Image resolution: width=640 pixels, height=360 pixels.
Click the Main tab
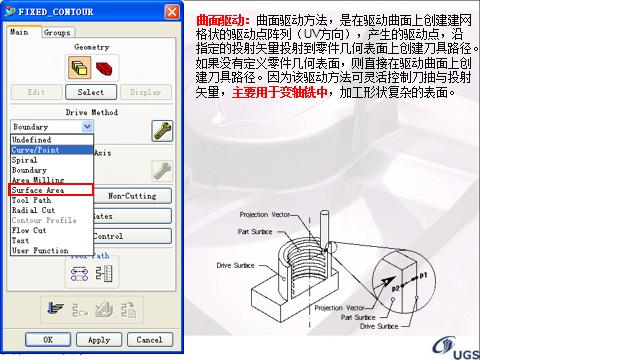click(x=19, y=32)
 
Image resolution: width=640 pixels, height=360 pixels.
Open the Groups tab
click(x=56, y=32)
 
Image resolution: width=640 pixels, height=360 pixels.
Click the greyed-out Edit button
click(x=35, y=92)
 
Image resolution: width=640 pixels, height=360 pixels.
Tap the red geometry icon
click(x=104, y=67)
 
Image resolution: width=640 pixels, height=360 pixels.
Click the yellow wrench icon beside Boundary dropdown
click(x=160, y=129)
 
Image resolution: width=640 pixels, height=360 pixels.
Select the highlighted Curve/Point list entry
click(x=36, y=150)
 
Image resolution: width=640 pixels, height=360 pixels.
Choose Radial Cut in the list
click(x=33, y=210)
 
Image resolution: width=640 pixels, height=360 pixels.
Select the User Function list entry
click(x=40, y=250)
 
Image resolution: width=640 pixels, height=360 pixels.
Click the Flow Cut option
click(x=29, y=230)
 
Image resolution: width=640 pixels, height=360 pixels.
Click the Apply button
click(x=99, y=340)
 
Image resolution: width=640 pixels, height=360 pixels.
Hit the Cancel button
click(x=148, y=340)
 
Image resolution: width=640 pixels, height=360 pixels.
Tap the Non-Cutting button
click(x=132, y=196)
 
